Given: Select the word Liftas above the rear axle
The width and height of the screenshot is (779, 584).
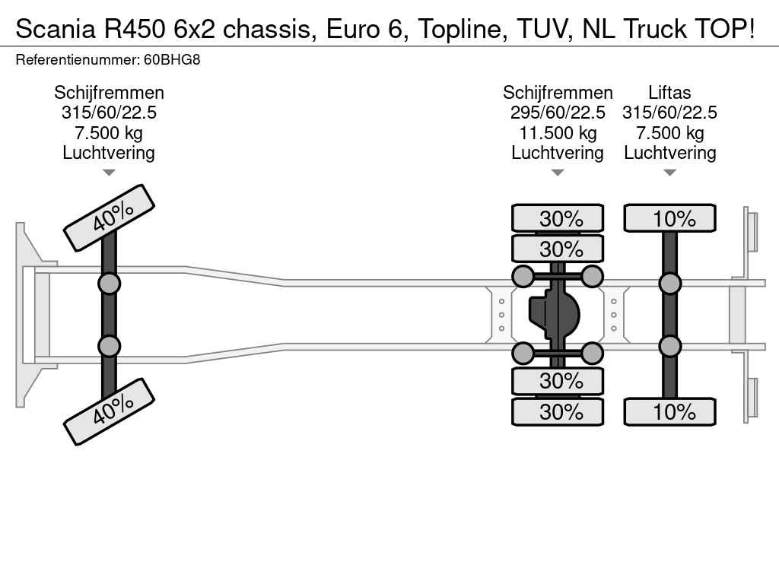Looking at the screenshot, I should (x=669, y=93).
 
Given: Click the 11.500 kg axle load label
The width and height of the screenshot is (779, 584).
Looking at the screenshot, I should (x=558, y=133).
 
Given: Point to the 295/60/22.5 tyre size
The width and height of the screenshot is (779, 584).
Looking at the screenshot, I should (x=558, y=113).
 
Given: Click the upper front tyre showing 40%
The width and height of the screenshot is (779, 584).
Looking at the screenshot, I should (x=109, y=217).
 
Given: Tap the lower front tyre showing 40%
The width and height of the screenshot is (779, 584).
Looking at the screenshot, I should (x=109, y=411).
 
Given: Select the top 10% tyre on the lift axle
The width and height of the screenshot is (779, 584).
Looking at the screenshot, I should (x=669, y=218).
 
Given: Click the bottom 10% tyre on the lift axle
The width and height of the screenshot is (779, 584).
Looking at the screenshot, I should (x=669, y=412).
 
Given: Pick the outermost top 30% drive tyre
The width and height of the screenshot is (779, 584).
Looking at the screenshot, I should (x=558, y=218).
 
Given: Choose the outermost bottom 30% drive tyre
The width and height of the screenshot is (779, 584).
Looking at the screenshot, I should (x=558, y=412).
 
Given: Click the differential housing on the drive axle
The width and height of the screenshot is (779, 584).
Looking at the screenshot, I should (x=555, y=314).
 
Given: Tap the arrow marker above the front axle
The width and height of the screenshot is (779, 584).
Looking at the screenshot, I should (x=109, y=173).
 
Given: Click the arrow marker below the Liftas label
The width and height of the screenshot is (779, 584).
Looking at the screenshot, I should (x=669, y=173).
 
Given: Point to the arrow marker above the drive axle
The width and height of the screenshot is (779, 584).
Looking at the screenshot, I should (x=558, y=173).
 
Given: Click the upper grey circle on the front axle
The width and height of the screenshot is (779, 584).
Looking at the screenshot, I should (x=109, y=284).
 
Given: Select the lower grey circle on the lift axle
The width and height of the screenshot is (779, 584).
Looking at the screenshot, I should (x=669, y=346).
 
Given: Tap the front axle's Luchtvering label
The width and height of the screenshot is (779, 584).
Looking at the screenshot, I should (x=109, y=153).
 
